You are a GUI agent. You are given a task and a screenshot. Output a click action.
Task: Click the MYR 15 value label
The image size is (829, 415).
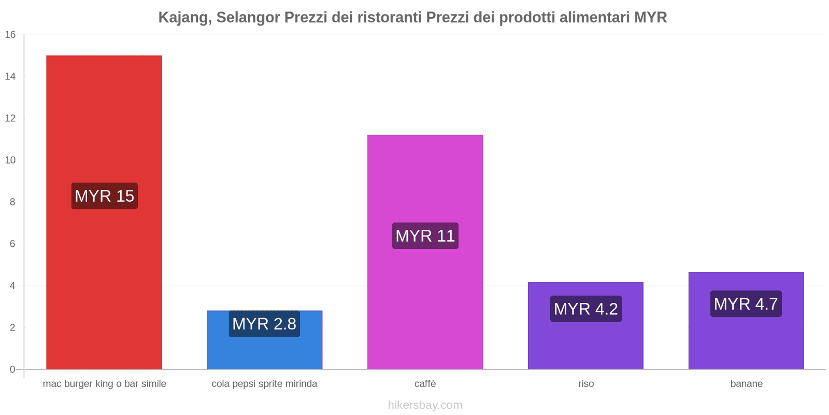104,196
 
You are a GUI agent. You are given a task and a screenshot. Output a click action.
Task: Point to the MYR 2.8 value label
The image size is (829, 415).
264,324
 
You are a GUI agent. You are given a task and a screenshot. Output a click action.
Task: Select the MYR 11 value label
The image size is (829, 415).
425,236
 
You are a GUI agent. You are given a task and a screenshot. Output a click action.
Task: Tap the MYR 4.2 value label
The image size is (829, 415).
585,309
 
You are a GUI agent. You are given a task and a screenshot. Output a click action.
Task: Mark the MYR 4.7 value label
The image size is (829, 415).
746,304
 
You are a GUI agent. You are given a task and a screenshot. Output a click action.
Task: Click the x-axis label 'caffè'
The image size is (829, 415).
425,384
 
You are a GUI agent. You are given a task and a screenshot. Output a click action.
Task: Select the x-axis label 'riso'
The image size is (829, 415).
586,384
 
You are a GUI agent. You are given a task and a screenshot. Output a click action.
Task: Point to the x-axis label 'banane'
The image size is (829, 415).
746,384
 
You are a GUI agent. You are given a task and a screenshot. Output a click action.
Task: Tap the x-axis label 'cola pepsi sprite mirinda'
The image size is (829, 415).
264,384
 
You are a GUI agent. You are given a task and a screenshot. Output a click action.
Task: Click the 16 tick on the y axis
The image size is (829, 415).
10,35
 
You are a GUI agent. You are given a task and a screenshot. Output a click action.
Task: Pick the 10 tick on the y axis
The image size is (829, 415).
10,160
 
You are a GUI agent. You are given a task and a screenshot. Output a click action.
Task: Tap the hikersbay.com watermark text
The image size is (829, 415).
425,405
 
